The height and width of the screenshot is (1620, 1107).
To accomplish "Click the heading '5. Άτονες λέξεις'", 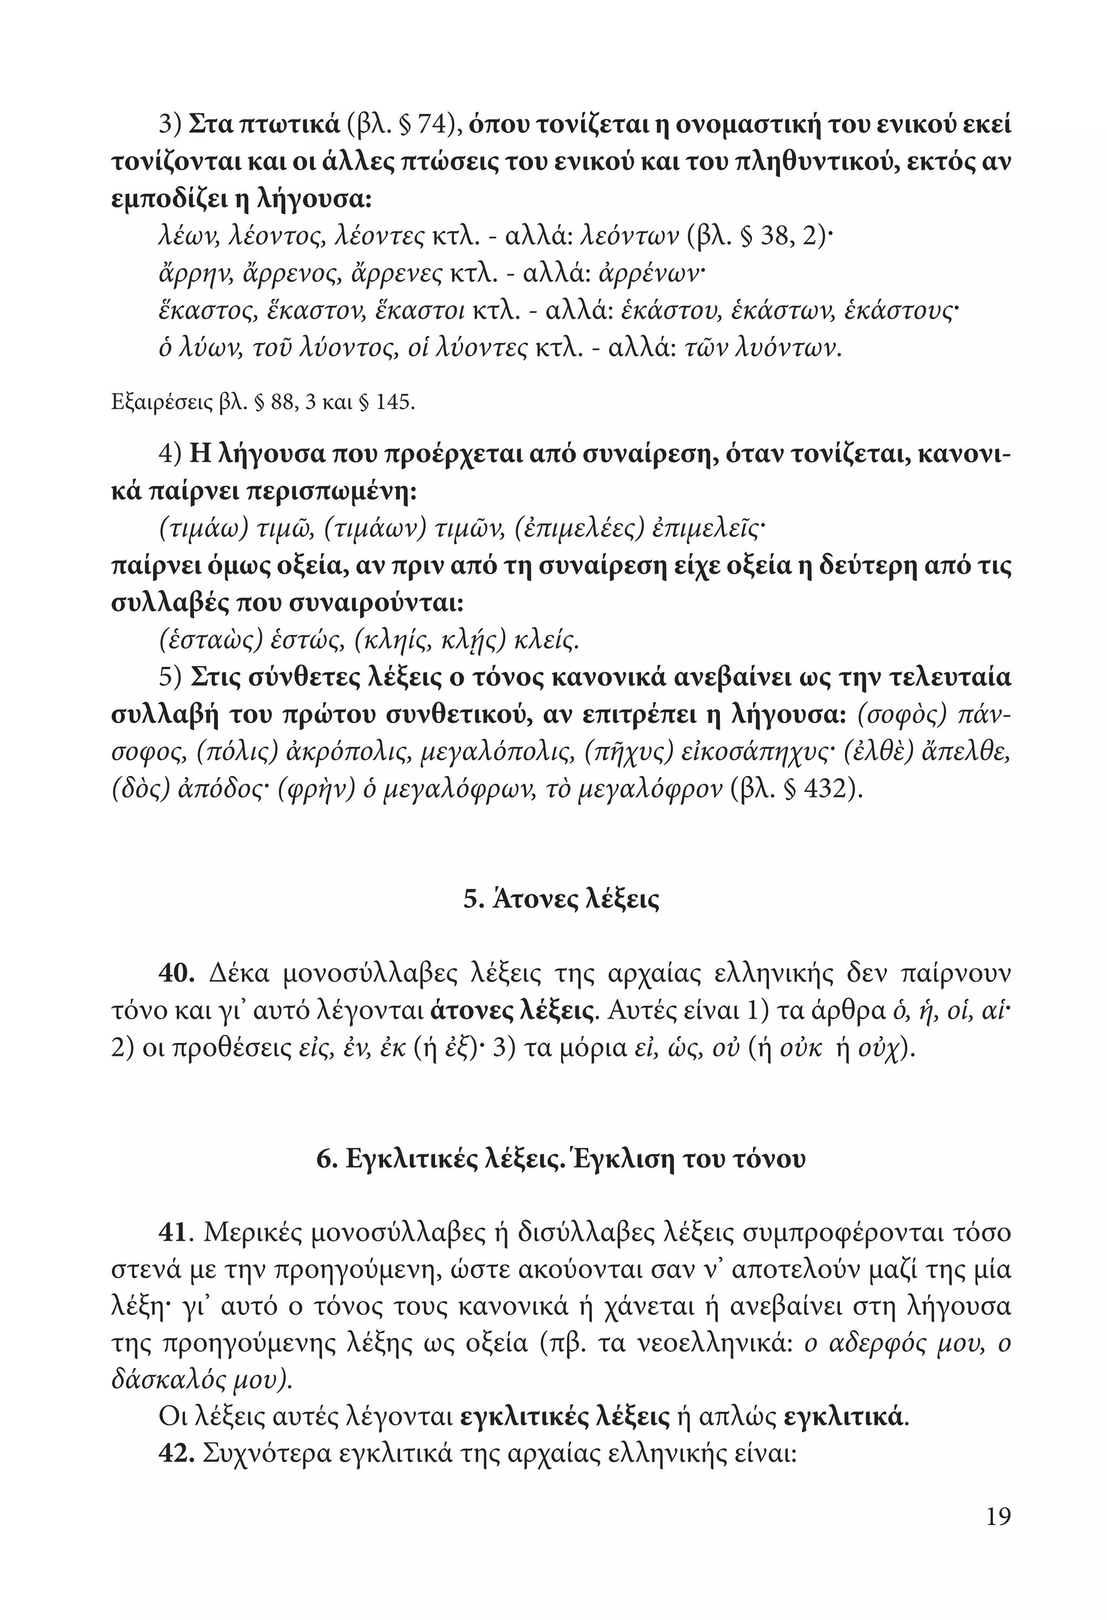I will coord(561,899).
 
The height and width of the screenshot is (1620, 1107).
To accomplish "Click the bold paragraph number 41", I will coord(174,1233).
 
